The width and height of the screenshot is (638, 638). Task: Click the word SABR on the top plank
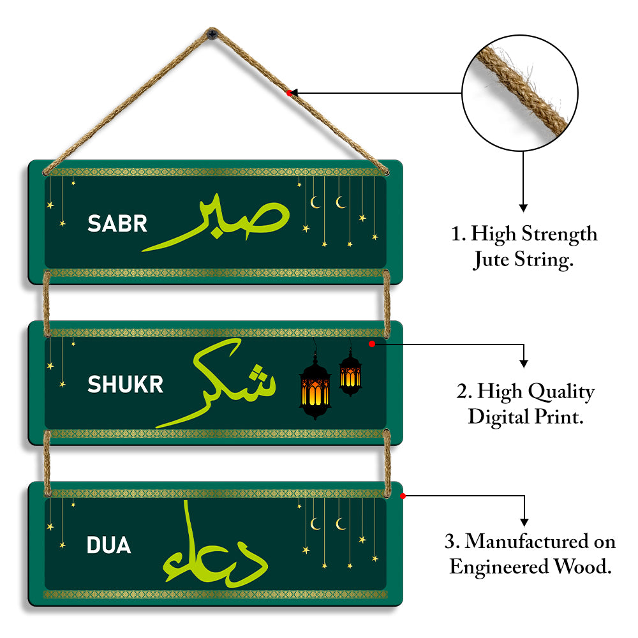coord(117,223)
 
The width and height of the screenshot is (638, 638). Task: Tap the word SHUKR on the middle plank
coord(125,384)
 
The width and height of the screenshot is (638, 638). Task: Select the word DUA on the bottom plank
coord(108,545)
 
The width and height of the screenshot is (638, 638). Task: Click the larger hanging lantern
coord(315,389)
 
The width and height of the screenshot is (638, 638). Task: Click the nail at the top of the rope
coord(212,32)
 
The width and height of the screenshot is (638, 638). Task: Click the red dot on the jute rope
coord(289,93)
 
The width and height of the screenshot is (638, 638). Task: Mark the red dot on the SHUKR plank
coord(371,344)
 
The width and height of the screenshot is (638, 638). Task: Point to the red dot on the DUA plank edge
coord(403,495)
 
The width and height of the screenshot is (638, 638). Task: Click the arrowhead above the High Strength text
coord(523,207)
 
